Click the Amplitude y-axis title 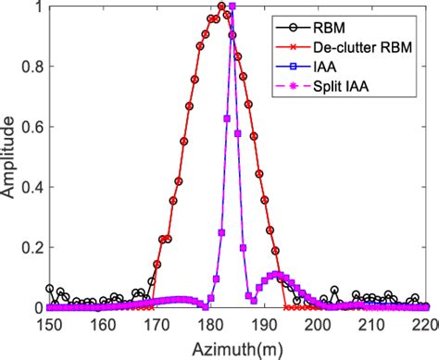[10, 157]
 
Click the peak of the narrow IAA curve [232, 7]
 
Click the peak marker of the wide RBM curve [221, 7]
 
